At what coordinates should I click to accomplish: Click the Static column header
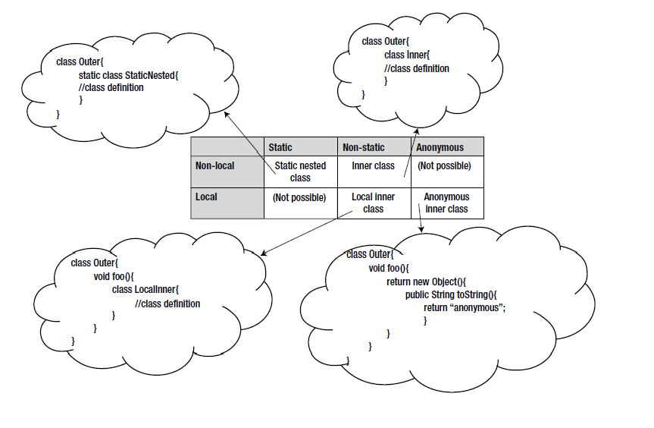pyautogui.click(x=280, y=147)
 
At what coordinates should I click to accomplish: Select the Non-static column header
pyautogui.click(x=364, y=147)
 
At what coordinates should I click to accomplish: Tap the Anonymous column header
pyautogui.click(x=440, y=147)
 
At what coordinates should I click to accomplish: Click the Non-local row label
pyautogui.click(x=215, y=165)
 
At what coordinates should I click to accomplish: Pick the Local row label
pyautogui.click(x=206, y=197)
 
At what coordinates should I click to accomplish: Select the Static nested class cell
pyautogui.click(x=300, y=172)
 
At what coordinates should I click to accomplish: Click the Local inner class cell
pyautogui.click(x=373, y=203)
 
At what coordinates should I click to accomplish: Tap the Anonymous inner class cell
pyautogui.click(x=446, y=203)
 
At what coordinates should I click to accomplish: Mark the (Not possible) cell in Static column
pyautogui.click(x=299, y=197)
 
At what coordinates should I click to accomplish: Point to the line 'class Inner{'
pyautogui.click(x=407, y=55)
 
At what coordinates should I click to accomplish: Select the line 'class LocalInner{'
pyautogui.click(x=145, y=289)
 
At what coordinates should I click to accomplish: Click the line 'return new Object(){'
pyautogui.click(x=427, y=282)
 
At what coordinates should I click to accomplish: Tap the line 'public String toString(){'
pyautogui.click(x=450, y=294)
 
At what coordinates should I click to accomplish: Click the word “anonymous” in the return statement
pyautogui.click(x=477, y=307)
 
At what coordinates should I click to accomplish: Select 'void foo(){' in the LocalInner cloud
pyautogui.click(x=113, y=276)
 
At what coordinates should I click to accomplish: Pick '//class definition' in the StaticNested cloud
pyautogui.click(x=111, y=87)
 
